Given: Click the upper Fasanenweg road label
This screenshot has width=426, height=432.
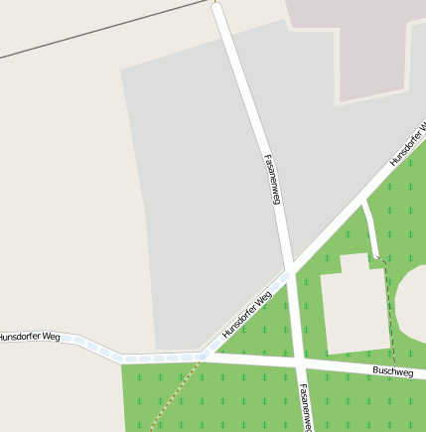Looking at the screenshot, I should point(273,179).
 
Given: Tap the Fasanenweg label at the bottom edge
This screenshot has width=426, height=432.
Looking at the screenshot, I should point(304,408).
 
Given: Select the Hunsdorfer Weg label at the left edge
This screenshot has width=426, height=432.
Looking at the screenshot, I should point(30,338).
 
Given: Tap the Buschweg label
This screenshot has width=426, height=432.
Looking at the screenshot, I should point(392,371).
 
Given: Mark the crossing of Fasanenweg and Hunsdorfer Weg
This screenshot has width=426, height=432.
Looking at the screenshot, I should point(290,271).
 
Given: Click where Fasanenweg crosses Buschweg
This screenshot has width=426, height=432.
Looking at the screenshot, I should point(299,361).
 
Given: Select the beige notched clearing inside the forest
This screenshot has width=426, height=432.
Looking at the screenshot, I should point(353,308).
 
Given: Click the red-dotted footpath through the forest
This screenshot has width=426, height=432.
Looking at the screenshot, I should point(174,397).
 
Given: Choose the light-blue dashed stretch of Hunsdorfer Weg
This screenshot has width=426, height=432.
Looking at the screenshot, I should point(149,357).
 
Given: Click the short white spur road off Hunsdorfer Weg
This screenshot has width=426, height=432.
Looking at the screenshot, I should point(370,228).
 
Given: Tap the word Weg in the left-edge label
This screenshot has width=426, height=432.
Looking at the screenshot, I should point(51,338).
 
